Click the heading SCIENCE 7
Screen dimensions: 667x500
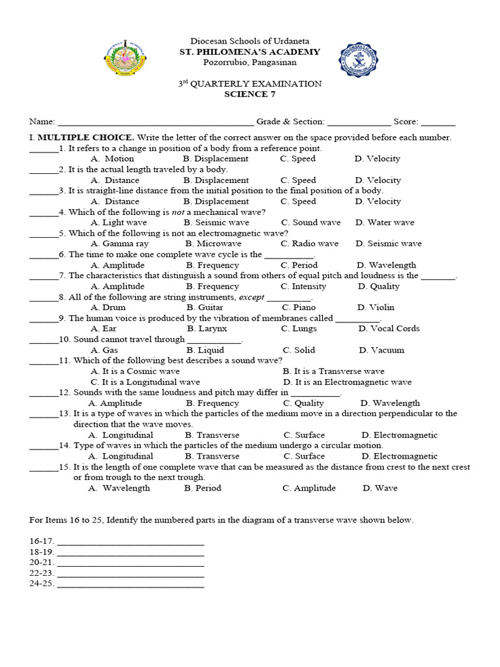coord(250,94)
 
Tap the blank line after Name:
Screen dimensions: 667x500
coord(156,122)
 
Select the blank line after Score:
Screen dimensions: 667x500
coord(439,122)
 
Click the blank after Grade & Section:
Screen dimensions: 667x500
coord(359,122)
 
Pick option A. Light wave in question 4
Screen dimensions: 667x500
coord(119,222)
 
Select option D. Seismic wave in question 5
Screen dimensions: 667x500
coord(389,244)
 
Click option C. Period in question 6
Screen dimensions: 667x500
coord(299,265)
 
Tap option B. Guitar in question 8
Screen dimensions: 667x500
coord(205,307)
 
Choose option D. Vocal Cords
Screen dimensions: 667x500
coord(389,328)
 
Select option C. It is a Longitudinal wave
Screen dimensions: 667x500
coord(146,382)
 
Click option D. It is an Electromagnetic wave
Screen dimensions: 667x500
coord(348,382)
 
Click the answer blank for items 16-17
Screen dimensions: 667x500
coord(130,542)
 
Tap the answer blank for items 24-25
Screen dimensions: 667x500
coord(130,585)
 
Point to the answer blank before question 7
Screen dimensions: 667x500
coord(44,277)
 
